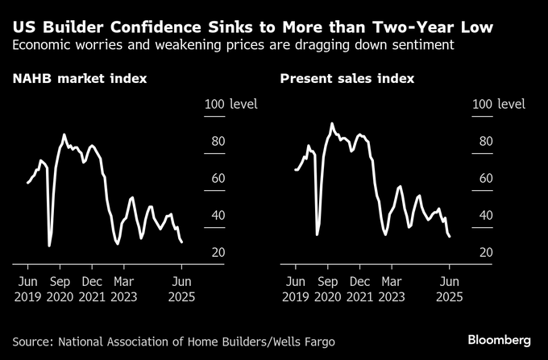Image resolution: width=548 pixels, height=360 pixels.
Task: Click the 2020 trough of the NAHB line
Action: pos(49,245)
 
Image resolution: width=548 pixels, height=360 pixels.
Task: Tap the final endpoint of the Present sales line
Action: pos(449,236)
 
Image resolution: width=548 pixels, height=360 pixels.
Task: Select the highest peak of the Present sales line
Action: pos(331,123)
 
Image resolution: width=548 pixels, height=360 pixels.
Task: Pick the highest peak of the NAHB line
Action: pos(64,134)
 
